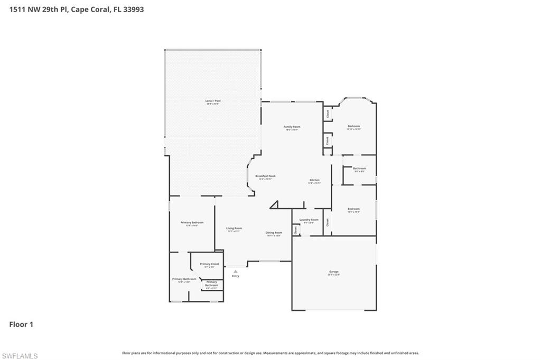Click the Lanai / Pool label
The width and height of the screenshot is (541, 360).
coord(212,100)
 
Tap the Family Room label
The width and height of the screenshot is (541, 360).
coord(292,127)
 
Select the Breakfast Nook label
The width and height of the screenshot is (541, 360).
coord(265,176)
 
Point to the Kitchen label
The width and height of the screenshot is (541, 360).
coord(314,181)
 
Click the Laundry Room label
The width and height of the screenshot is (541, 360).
coord(309,220)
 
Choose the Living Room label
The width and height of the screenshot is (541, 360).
coord(234,229)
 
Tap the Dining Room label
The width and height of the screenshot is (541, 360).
coord(274,233)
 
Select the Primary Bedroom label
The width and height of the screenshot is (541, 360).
coord(192,223)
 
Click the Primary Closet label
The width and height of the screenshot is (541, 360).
coord(209,264)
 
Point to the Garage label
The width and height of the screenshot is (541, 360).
coord(333,272)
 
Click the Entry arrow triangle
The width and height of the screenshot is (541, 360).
coord(235,271)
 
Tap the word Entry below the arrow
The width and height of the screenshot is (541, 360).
coord(235,276)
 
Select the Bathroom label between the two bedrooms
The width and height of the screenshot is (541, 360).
coord(359,168)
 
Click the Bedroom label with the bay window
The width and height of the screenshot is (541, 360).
coord(353,126)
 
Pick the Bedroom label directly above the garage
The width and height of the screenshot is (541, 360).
coord(353,209)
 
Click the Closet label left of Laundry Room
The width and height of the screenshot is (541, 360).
coord(295,229)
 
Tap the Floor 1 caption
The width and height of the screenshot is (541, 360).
coord(21,325)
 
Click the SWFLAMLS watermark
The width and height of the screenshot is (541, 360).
coord(20,356)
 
